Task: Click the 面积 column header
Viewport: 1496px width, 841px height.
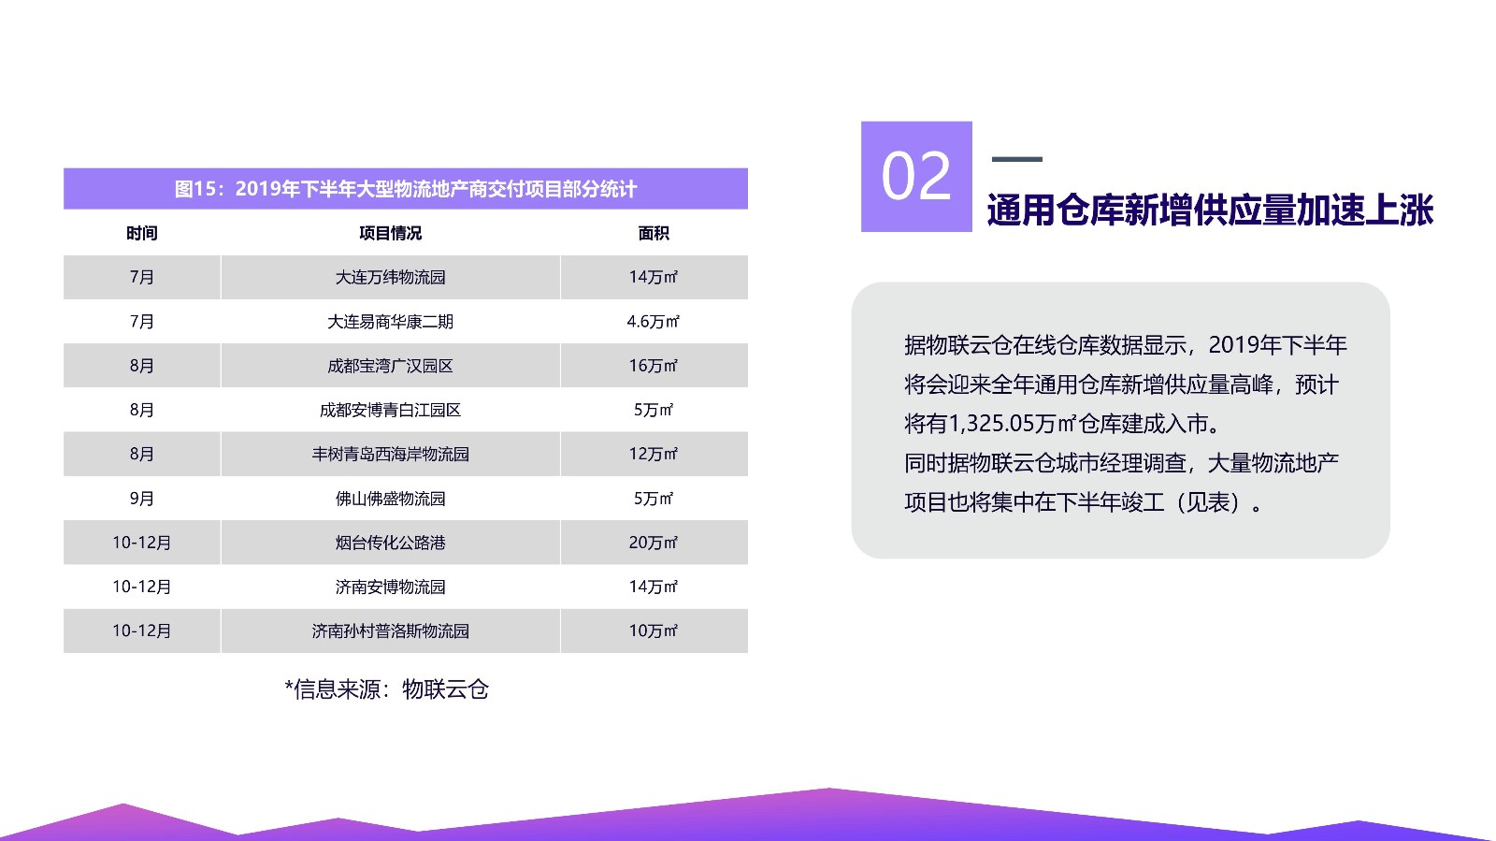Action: tap(654, 233)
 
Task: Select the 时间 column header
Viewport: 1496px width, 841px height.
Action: tap(141, 233)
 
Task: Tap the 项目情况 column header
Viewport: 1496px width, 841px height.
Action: tap(391, 233)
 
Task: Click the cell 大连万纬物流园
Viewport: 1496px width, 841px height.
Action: tap(391, 277)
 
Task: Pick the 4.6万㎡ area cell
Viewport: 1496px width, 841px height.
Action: tap(654, 321)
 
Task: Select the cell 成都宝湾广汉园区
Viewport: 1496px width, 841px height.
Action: tap(391, 366)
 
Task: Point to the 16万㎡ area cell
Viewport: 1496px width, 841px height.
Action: tap(654, 366)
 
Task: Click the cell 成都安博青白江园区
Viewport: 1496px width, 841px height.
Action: tap(391, 410)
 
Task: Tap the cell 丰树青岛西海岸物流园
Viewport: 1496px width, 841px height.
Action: tap(391, 455)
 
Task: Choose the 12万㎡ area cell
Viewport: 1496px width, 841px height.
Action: tap(654, 455)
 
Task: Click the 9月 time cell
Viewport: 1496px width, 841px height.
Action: tap(141, 499)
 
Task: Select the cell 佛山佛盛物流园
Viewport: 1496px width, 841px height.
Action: tap(391, 499)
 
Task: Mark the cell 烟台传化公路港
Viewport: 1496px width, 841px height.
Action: tap(391, 543)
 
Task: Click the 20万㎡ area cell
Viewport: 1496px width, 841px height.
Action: tap(654, 543)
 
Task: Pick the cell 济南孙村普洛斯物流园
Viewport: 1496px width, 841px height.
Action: tap(391, 631)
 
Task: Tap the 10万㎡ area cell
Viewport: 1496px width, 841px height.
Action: tap(654, 631)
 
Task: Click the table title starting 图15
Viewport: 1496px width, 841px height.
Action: tap(406, 189)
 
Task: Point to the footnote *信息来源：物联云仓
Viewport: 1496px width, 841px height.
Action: tap(387, 689)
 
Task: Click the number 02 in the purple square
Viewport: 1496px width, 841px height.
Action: tap(916, 176)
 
